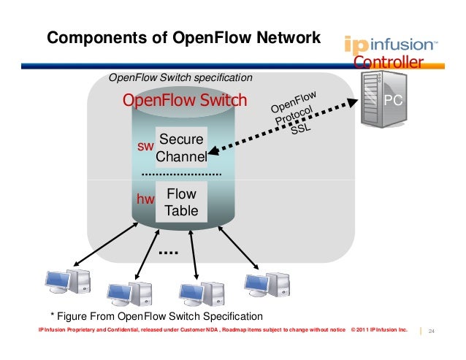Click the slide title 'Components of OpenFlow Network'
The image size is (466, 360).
click(x=183, y=38)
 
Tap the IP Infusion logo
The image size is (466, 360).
click(x=391, y=45)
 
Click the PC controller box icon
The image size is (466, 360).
click(x=387, y=99)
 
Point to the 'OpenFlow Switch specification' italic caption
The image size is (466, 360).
click(x=180, y=77)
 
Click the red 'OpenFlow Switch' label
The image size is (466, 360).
click(x=185, y=100)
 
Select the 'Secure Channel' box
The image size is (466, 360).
click(x=182, y=148)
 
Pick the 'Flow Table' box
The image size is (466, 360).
click(x=181, y=203)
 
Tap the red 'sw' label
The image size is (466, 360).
click(x=145, y=148)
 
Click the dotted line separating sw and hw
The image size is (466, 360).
click(x=181, y=175)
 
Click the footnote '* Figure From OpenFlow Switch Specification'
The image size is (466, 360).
click(x=156, y=316)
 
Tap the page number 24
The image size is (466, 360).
click(x=432, y=332)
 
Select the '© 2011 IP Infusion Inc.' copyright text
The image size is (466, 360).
click(x=379, y=331)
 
